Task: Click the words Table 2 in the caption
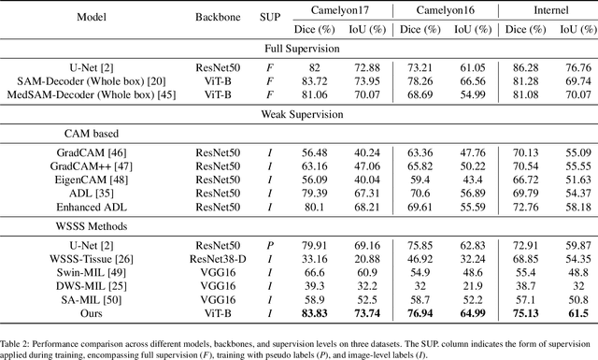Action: pos(20,334)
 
